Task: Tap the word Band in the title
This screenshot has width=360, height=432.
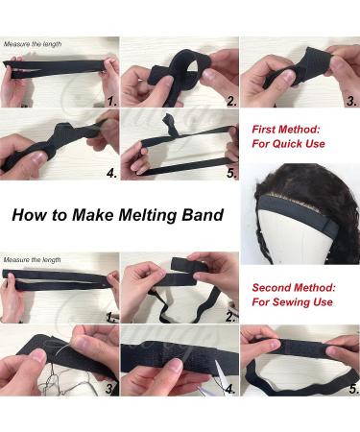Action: point(203,215)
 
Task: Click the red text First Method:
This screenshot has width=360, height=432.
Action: point(286,130)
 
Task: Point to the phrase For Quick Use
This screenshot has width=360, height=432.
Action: point(288,144)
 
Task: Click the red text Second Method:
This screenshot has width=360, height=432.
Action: point(294,287)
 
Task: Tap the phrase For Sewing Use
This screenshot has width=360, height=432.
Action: point(292,301)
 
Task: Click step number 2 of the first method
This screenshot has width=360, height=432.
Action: point(231,102)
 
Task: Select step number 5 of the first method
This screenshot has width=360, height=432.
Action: point(231,174)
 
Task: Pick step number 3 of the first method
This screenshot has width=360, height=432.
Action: point(351,102)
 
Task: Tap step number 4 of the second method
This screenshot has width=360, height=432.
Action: point(230,390)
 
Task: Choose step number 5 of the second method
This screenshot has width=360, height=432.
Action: point(353,390)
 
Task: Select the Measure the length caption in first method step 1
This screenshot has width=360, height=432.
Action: point(33,44)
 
